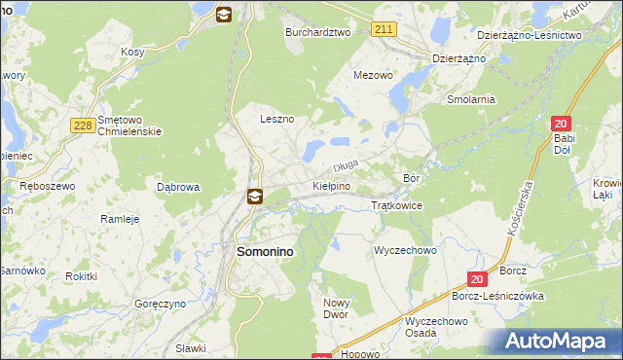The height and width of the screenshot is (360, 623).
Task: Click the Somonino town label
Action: click(x=266, y=251)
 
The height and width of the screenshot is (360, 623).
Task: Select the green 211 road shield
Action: click(x=383, y=30)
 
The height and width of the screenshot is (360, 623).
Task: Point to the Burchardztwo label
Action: click(x=317, y=32)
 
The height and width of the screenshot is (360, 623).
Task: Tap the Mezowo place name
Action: click(x=373, y=74)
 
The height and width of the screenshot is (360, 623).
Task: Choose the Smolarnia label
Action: click(x=471, y=99)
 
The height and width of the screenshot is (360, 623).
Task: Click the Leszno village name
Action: click(x=276, y=119)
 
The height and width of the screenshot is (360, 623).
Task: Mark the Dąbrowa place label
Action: click(x=178, y=186)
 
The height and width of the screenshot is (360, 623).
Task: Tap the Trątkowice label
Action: click(x=396, y=205)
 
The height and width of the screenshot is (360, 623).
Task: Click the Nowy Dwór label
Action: click(x=335, y=308)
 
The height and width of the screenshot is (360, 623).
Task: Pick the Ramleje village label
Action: click(x=121, y=219)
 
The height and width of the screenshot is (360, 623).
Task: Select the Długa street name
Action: click(x=348, y=167)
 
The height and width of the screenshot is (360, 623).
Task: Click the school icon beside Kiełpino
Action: click(x=254, y=197)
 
